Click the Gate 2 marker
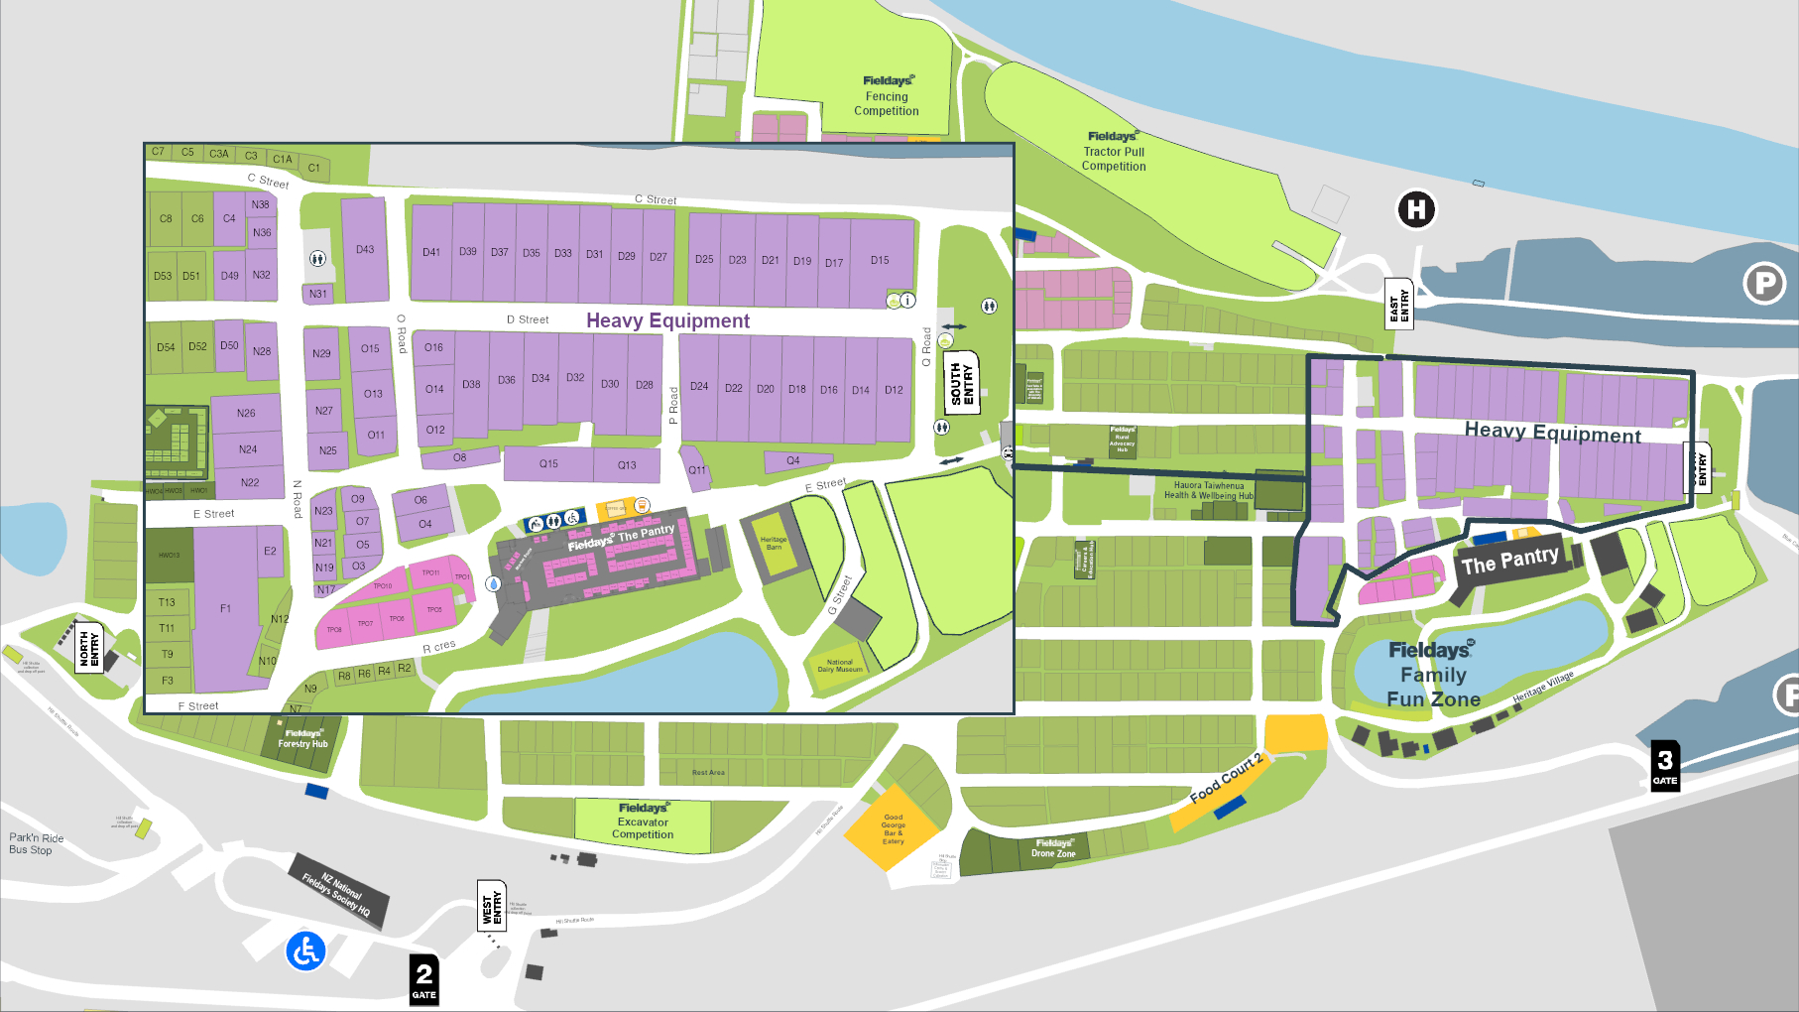pyautogui.click(x=423, y=979)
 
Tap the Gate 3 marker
pyautogui.click(x=1665, y=765)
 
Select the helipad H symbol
pyautogui.click(x=1416, y=209)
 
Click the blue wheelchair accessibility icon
pyautogui.click(x=305, y=951)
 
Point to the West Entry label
pyautogui.click(x=492, y=905)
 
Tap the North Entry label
pyautogui.click(x=89, y=647)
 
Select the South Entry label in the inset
pyautogui.click(x=962, y=382)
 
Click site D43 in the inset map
pyautogui.click(x=365, y=250)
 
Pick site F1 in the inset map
pyautogui.click(x=226, y=608)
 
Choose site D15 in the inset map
pyautogui.click(x=880, y=261)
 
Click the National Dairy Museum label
pyautogui.click(x=839, y=666)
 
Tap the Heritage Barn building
pyautogui.click(x=774, y=544)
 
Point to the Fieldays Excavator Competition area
pyautogui.click(x=643, y=822)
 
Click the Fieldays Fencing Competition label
pyautogui.click(x=887, y=96)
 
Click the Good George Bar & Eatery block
pyautogui.click(x=893, y=827)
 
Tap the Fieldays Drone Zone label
pyautogui.click(x=1053, y=848)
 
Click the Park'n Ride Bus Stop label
pyautogui.click(x=37, y=843)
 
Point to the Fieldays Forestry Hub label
pyautogui.click(x=302, y=739)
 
